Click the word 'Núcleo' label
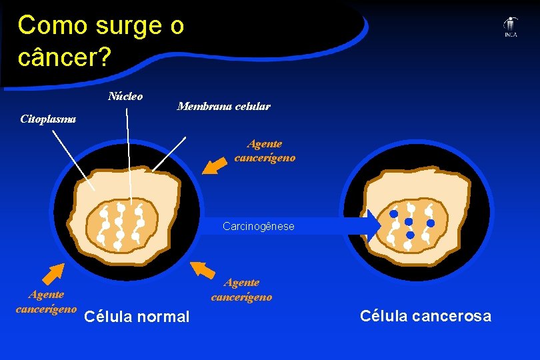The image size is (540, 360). coord(125,96)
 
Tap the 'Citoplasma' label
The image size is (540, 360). coord(48,120)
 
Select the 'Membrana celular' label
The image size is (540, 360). coord(223,107)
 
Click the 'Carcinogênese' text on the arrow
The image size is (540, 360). coord(258,227)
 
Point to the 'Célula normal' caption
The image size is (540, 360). coord(138,317)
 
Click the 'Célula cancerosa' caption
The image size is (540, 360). coord(425,316)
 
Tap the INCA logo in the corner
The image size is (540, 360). coord(510,27)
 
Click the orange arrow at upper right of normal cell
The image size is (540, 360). coord(214,164)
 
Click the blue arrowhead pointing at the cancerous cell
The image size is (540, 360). coord(372,226)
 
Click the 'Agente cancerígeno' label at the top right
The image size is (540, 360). coord(265,151)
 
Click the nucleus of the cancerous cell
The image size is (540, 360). coord(409,225)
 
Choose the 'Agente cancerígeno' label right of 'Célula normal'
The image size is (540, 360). coord(241,290)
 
